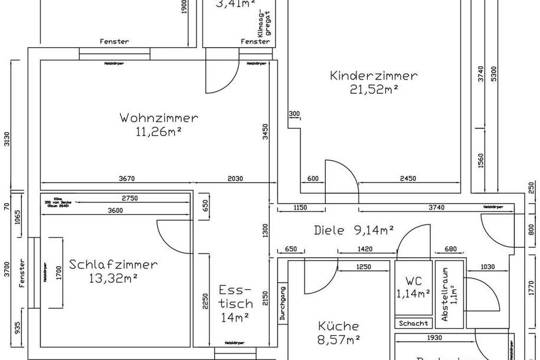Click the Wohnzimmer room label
159,117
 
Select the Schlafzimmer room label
113,264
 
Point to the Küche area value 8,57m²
338,340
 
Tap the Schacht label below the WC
413,323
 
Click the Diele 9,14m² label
354,230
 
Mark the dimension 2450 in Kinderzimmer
407,178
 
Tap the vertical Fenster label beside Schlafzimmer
22,273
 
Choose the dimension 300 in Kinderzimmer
294,114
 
